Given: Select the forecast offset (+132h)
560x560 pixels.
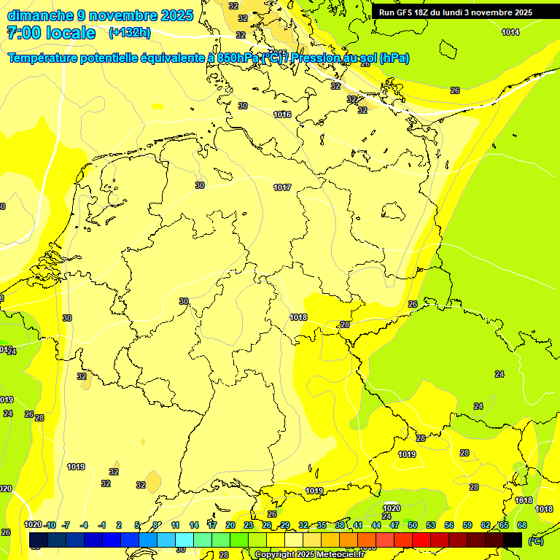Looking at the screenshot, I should (x=130, y=33).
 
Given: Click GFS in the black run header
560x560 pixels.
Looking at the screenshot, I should (x=409, y=12).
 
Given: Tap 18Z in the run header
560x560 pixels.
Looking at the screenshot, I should (x=428, y=12).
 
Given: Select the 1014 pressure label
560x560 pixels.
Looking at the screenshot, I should (x=510, y=32).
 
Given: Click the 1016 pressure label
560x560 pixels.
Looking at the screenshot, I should (x=282, y=115).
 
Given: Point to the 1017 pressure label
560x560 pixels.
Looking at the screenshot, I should (x=282, y=188).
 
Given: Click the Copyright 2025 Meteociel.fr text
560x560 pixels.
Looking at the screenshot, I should (x=308, y=555).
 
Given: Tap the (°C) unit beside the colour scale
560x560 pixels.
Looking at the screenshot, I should (x=535, y=540).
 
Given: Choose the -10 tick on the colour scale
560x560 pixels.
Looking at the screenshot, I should (x=50, y=525).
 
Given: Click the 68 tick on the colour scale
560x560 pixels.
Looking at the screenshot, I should (x=521, y=525).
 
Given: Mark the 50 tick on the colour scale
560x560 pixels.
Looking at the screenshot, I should (x=413, y=525).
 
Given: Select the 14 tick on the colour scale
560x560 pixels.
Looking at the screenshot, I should (x=194, y=525).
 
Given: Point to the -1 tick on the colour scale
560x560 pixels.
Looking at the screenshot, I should (x=102, y=525).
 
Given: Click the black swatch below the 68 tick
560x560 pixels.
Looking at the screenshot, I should (x=513, y=540).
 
